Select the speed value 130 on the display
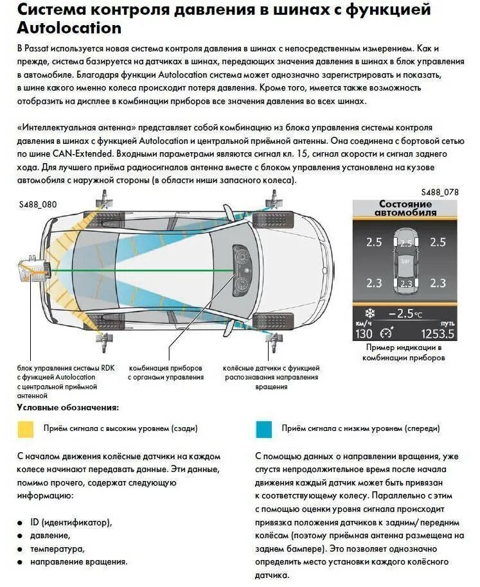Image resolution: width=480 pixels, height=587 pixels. [364, 333]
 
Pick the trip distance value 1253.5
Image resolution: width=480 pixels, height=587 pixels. [438, 333]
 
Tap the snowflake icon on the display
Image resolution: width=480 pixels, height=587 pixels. [369, 313]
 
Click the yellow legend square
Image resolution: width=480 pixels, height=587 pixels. [26, 428]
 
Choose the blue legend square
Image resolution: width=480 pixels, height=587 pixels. [264, 428]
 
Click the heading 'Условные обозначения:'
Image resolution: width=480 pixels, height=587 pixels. [67, 407]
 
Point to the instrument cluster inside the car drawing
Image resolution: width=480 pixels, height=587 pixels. [244, 270]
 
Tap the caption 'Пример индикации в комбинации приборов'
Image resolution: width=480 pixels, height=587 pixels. [404, 353]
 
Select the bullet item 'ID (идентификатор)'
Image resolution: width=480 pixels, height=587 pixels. [71, 521]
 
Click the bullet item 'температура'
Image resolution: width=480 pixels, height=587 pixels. [57, 548]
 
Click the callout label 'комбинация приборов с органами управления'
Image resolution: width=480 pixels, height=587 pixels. [166, 372]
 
